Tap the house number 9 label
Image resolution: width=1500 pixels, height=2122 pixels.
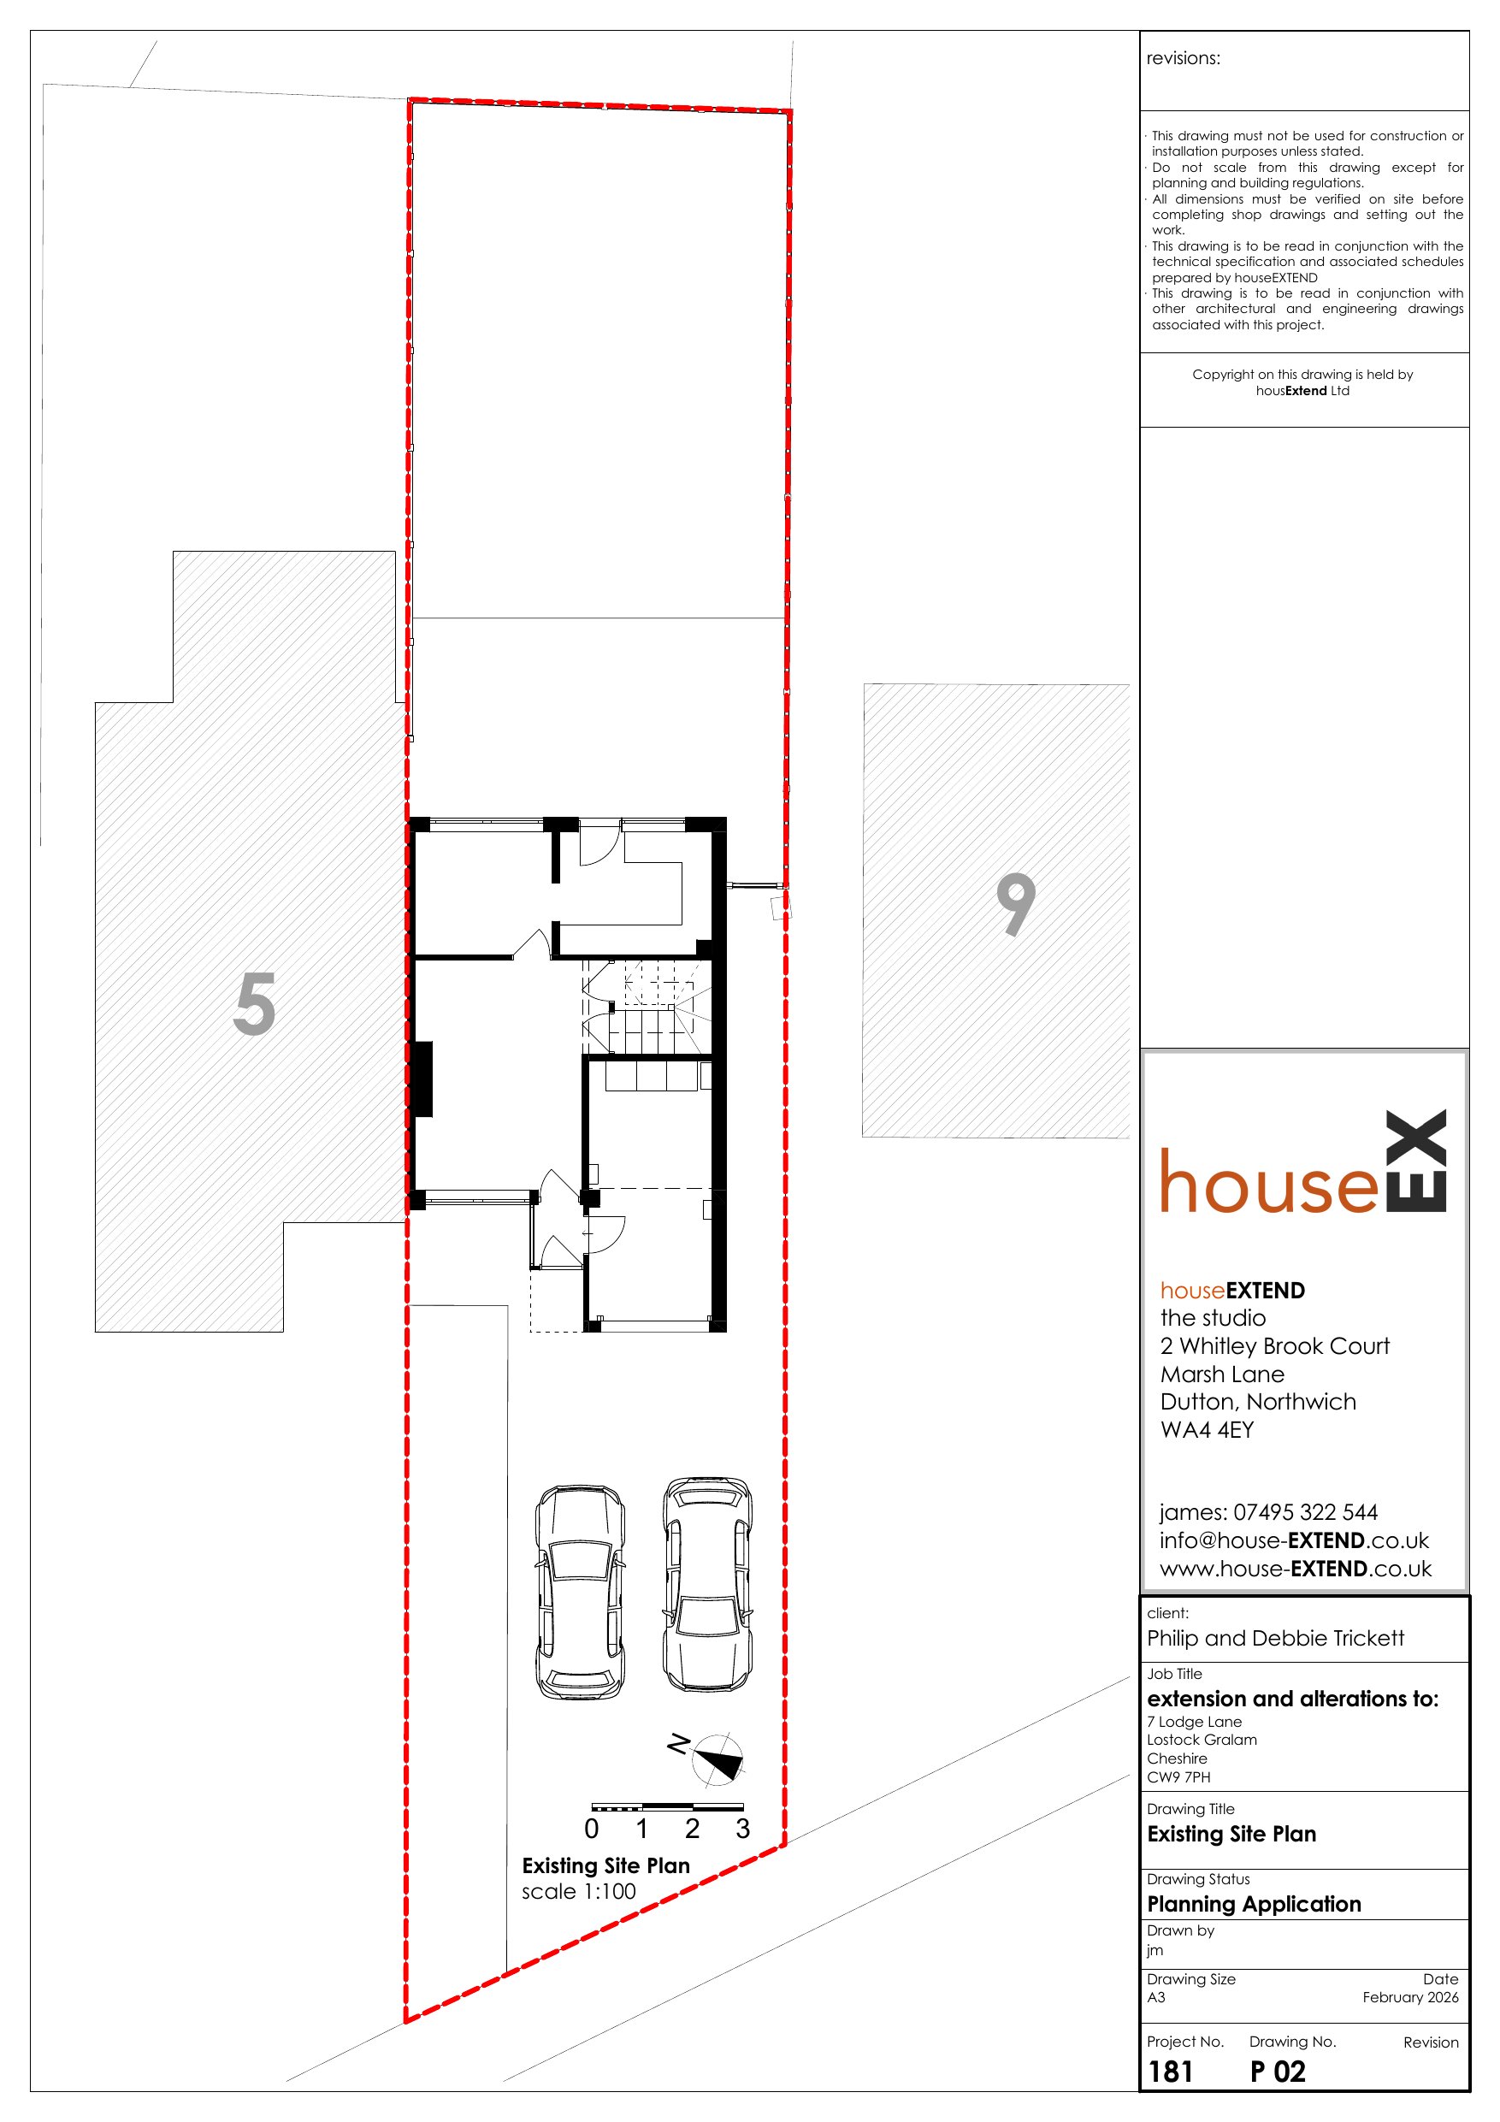coord(1016,905)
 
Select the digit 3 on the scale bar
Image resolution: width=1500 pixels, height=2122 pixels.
coord(742,1829)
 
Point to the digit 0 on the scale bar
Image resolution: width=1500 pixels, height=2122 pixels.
coord(592,1829)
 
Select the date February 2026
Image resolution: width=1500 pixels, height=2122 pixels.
coord(1410,1997)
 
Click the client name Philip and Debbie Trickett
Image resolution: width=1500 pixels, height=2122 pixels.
coord(1275,1639)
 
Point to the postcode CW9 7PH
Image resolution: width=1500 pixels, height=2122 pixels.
coord(1178,1776)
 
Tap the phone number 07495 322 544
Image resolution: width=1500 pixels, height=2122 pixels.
coord(1305,1513)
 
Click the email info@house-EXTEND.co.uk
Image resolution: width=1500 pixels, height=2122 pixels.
coord(1294,1540)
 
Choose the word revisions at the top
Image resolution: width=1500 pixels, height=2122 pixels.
coord(1183,58)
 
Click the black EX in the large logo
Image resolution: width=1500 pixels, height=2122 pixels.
coord(1417,1161)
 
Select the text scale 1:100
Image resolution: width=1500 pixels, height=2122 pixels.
coord(579,1892)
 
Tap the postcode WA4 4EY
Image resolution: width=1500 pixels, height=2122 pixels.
coord(1207,1430)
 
